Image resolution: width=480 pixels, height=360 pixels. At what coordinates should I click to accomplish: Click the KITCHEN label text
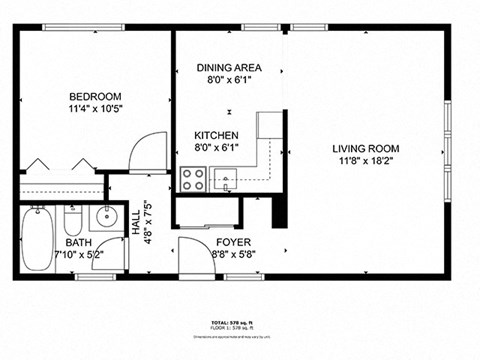pyautogui.click(x=216, y=135)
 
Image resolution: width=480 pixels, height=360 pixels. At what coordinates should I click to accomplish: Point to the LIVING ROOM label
pyautogui.click(x=365, y=149)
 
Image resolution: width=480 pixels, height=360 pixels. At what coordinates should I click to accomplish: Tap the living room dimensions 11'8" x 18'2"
pyautogui.click(x=365, y=161)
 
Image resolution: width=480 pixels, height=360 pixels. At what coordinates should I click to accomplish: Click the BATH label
pyautogui.click(x=77, y=243)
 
